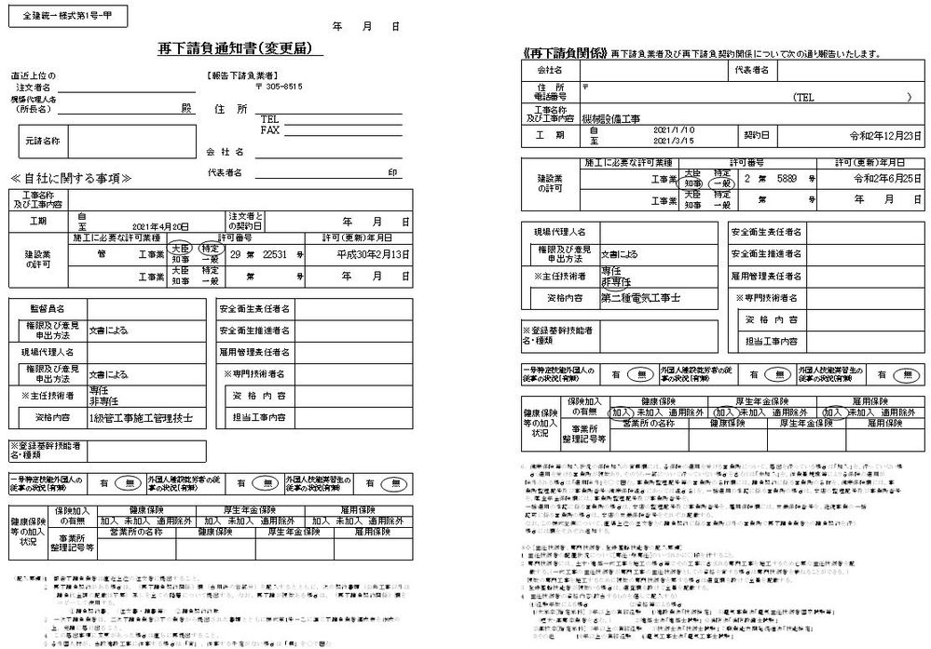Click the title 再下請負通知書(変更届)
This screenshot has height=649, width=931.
240,49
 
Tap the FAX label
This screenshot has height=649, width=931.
270,130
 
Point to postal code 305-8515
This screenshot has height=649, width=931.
277,86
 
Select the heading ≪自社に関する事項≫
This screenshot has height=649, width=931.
71,178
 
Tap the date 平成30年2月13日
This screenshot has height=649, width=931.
373,253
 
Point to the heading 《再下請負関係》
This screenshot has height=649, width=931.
565,54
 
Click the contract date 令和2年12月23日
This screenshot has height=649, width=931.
884,135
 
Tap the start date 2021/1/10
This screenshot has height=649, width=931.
677,129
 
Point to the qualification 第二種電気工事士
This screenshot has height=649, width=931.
640,298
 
